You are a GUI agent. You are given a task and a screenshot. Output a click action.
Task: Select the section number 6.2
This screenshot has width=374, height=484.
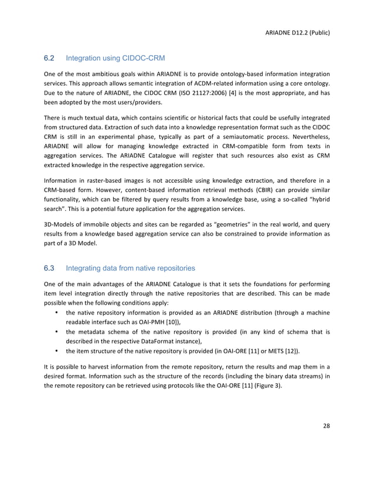(49, 58)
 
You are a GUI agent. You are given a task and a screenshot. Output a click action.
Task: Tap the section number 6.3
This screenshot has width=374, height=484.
(49, 268)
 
